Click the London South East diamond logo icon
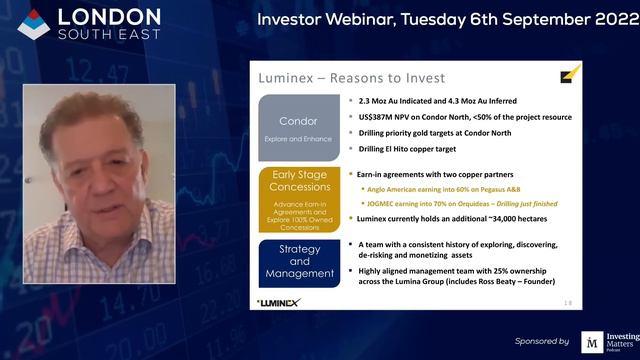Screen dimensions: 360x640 click(x=33, y=23)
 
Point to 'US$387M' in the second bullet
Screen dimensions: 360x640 click(x=377, y=116)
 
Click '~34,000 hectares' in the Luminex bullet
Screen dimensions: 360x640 click(x=499, y=217)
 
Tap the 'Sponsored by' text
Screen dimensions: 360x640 click(x=542, y=341)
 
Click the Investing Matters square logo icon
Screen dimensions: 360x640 click(x=592, y=341)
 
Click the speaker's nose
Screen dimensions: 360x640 click(x=82, y=184)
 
